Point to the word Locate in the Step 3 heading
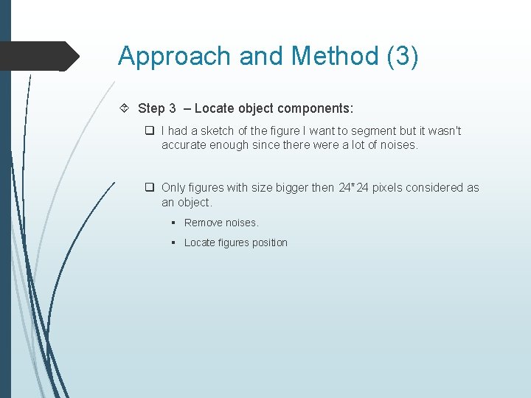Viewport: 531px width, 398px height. pos(213,108)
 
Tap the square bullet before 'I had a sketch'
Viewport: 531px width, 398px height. pos(149,130)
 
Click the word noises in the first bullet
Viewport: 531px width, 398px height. pos(399,144)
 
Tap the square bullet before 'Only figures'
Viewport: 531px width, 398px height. pos(149,188)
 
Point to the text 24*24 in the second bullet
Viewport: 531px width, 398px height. pos(354,188)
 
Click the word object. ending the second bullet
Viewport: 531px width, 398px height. pos(195,202)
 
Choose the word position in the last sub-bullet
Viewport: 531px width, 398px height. pos(268,242)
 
